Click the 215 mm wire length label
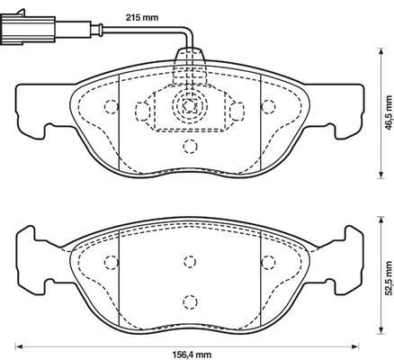pyautogui.click(x=141, y=17)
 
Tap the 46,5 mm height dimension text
pyautogui.click(x=389, y=112)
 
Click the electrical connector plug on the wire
pyautogui.click(x=28, y=30)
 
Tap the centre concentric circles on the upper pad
pyautogui.click(x=190, y=105)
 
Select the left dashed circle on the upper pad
pyautogui.click(x=111, y=106)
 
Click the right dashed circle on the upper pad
pyautogui.click(x=268, y=106)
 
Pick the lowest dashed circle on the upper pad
pyautogui.click(x=190, y=147)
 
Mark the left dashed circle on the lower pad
pyautogui.click(x=112, y=262)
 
